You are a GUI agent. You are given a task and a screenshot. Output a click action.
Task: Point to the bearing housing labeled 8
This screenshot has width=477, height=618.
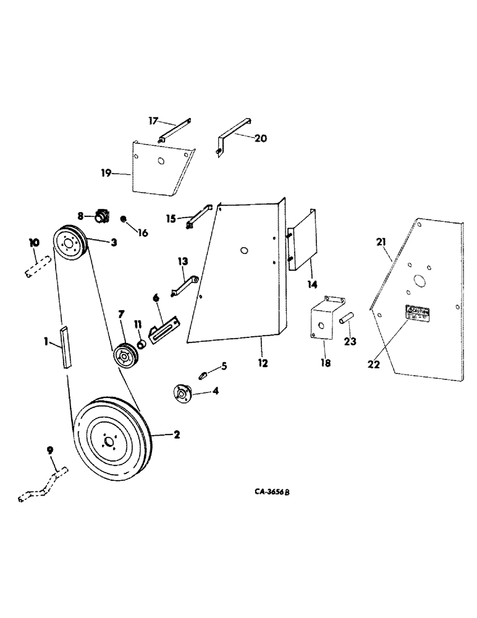coord(101,217)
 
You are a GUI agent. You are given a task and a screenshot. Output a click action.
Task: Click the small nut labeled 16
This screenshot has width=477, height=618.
coord(124,219)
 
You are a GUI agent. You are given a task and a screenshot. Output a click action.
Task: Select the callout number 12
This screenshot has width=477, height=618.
coord(263,363)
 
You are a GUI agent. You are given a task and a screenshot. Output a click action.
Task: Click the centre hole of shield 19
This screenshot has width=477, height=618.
coord(160,162)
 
